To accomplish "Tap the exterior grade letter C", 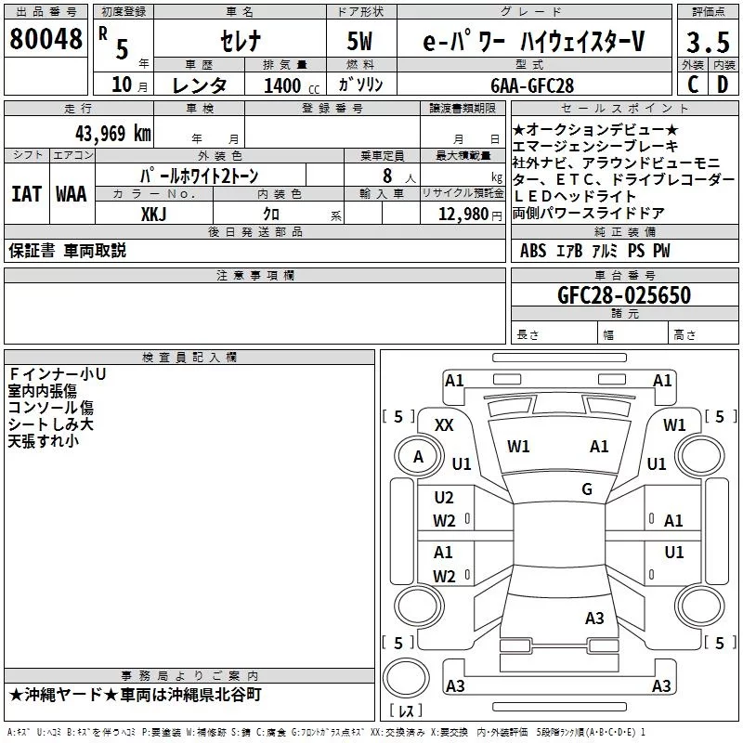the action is pyautogui.click(x=692, y=85).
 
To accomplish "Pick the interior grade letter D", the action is pyautogui.click(x=722, y=85).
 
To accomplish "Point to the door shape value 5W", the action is pyautogui.click(x=360, y=42).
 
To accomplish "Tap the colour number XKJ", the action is pyautogui.click(x=153, y=214).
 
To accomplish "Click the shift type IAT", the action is pyautogui.click(x=26, y=194).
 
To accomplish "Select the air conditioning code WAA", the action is pyautogui.click(x=71, y=194).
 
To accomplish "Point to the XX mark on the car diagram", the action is pyautogui.click(x=444, y=424).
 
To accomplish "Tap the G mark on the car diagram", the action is pyautogui.click(x=586, y=489).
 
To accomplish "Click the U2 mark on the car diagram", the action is pyautogui.click(x=444, y=498).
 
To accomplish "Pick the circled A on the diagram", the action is pyautogui.click(x=418, y=456).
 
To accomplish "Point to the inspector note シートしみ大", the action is pyautogui.click(x=50, y=424).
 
